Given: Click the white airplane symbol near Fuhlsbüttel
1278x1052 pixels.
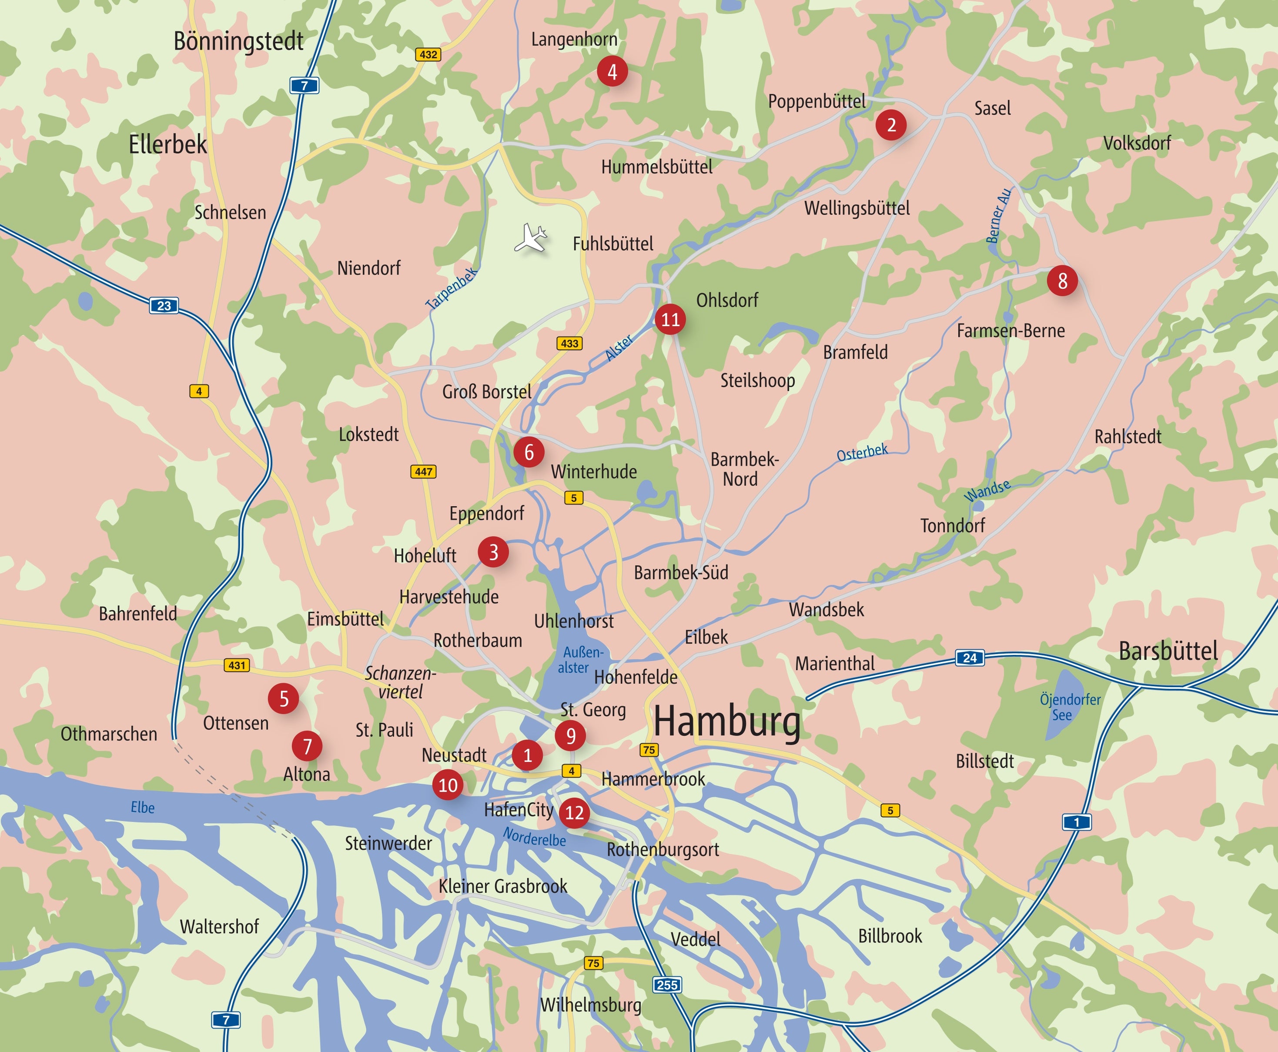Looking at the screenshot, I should [531, 237].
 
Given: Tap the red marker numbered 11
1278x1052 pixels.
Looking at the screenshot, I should [670, 319].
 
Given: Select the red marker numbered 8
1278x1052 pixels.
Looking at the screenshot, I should [1062, 281].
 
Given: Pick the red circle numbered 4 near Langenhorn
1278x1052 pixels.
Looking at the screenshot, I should [612, 71].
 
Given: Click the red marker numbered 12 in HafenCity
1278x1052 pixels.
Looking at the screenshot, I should [574, 813].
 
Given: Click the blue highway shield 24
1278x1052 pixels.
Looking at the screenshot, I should [970, 658].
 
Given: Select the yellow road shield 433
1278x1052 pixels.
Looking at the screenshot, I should [569, 344].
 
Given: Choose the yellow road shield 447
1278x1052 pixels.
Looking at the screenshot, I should [424, 471].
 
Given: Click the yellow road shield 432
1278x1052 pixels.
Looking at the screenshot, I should [428, 54].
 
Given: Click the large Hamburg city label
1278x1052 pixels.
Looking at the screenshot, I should [726, 722].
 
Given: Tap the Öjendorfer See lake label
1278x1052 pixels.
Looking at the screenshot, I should [1070, 707].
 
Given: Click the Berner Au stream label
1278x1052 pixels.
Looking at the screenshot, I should [998, 216].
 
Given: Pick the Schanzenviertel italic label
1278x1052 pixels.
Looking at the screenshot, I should [400, 682].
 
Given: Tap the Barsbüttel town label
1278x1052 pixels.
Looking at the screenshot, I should [1168, 651].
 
